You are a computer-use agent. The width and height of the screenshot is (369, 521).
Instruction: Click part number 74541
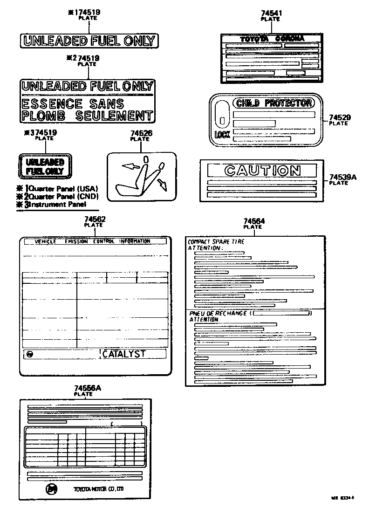point(270,14)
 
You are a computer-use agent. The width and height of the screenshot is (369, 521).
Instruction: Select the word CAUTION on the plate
point(262,171)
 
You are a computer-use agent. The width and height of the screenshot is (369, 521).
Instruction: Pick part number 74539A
point(342,177)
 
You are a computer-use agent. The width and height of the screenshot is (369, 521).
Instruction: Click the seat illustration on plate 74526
point(140,178)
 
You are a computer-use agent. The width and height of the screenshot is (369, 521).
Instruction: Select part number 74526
point(140,134)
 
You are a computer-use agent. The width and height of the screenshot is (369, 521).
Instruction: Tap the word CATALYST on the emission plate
point(124,354)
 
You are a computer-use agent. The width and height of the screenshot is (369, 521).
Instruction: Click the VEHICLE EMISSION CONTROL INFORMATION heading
point(93,241)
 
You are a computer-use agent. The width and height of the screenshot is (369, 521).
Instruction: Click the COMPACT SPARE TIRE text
point(216,242)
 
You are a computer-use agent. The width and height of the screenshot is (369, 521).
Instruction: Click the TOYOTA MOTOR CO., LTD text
point(98,489)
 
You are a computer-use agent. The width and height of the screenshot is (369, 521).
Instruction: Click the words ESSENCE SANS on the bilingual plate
point(73,103)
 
